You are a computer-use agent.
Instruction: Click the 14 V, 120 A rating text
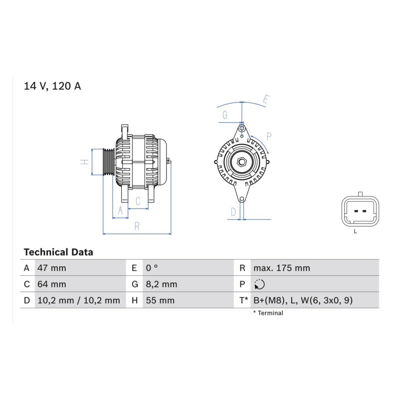coord(52,86)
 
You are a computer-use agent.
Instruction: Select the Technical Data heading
coord(58,252)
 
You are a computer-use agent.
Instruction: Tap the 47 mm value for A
coord(52,268)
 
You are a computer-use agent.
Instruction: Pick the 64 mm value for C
coord(52,284)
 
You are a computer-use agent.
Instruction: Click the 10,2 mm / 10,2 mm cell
coord(79,300)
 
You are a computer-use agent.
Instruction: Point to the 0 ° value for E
coord(152,268)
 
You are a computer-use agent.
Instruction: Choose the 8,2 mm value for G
coord(161,284)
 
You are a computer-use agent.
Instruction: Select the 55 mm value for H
coord(160,300)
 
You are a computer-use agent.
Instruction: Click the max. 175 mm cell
coord(282,268)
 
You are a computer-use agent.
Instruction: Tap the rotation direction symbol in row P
coord(259,284)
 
